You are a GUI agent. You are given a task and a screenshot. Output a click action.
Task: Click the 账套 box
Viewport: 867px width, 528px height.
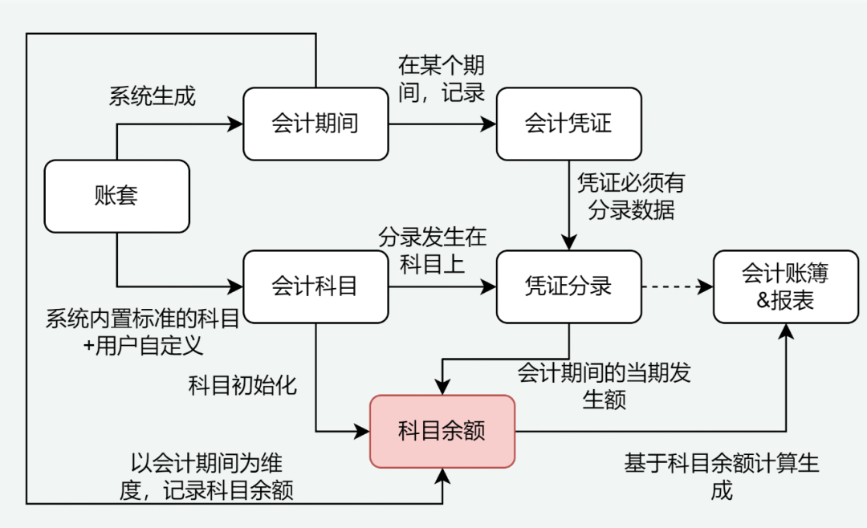coord(116,196)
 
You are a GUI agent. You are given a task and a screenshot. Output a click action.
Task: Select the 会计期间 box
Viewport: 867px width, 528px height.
coord(315,124)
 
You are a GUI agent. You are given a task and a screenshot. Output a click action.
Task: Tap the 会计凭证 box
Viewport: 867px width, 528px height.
coord(568,124)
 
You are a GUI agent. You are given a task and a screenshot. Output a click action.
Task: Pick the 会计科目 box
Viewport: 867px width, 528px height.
coord(315,286)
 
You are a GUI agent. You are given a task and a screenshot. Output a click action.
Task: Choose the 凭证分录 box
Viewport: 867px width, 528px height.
coord(568,286)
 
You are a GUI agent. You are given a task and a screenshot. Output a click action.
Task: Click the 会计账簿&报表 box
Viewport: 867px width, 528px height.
coord(785,286)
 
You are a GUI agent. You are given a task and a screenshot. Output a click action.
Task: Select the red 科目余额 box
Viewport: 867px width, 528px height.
coord(442,431)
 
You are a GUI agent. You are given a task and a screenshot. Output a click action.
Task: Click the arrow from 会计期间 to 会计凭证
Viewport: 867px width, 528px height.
coord(442,124)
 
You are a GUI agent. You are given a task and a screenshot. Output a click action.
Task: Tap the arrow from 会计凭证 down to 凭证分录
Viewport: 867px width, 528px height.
coord(569,205)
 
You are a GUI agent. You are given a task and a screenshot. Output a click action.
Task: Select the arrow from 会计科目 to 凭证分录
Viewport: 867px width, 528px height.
coord(442,286)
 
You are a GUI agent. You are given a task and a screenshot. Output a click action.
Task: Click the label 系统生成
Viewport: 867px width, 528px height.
coord(153,96)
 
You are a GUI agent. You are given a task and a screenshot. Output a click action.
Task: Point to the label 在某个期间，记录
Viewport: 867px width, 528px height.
coord(442,79)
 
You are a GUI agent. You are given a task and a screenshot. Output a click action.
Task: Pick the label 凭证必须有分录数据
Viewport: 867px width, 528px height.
coord(631,197)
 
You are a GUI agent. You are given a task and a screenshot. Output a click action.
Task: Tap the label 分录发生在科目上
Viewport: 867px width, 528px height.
coord(433,251)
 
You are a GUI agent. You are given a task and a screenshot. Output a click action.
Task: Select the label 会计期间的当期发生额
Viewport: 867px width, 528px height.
coord(604,386)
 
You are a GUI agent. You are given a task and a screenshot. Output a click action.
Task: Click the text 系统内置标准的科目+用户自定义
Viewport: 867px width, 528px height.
coord(143,333)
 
